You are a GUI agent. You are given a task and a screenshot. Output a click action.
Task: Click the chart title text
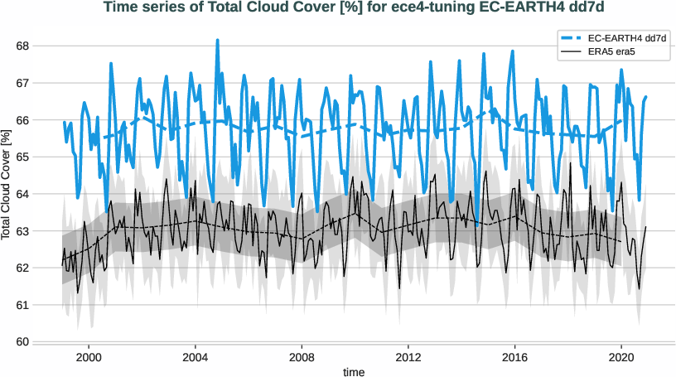point(338,8)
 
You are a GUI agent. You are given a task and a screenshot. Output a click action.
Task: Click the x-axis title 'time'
point(355,372)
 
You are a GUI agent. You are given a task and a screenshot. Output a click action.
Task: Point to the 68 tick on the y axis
point(22,46)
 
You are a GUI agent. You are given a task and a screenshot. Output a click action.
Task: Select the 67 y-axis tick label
point(22,84)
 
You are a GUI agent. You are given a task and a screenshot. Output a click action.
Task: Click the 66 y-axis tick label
point(22,120)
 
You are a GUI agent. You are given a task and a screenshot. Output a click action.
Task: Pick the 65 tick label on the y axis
point(22,157)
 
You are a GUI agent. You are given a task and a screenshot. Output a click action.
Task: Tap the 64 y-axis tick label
point(22,194)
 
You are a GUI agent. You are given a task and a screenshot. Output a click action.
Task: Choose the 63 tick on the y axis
point(22,231)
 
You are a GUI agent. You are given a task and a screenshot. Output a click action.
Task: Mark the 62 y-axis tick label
point(22,268)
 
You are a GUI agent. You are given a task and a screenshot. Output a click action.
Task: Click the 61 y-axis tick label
point(22,305)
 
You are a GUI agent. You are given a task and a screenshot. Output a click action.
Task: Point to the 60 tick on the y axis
point(22,341)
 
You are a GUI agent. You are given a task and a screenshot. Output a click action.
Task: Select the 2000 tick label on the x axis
point(89,357)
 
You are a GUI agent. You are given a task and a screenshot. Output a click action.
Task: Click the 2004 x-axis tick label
point(196,357)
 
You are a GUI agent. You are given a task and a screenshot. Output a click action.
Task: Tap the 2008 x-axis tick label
point(302,357)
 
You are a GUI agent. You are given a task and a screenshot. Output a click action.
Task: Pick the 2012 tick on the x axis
point(408,357)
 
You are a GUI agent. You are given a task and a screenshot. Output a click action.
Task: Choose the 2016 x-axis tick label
point(515,357)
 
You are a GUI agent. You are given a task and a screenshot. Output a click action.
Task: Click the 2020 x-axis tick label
point(621,357)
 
